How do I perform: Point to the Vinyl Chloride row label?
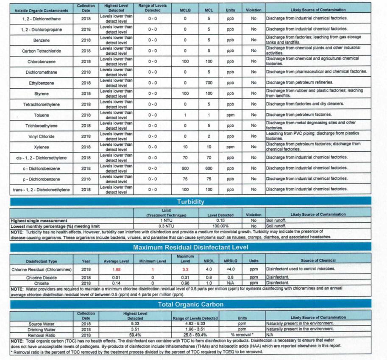click(41, 137)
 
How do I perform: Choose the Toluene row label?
click(41, 115)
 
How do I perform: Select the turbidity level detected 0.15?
click(220, 220)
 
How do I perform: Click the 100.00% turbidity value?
click(220, 226)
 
